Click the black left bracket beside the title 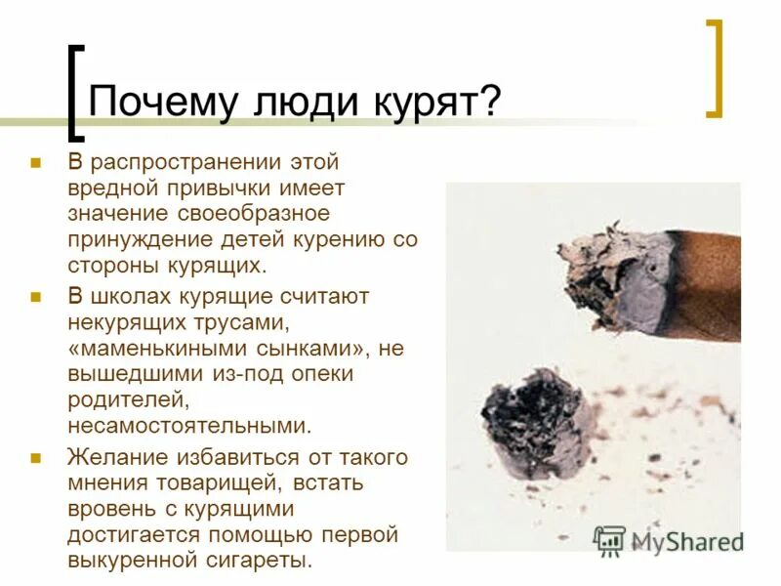[71, 93]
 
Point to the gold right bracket [715, 68]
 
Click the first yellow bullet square [36, 161]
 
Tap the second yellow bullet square [36, 296]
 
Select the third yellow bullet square [36, 456]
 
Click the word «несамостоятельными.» [188, 425]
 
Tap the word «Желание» [114, 456]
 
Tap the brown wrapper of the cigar [707, 283]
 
